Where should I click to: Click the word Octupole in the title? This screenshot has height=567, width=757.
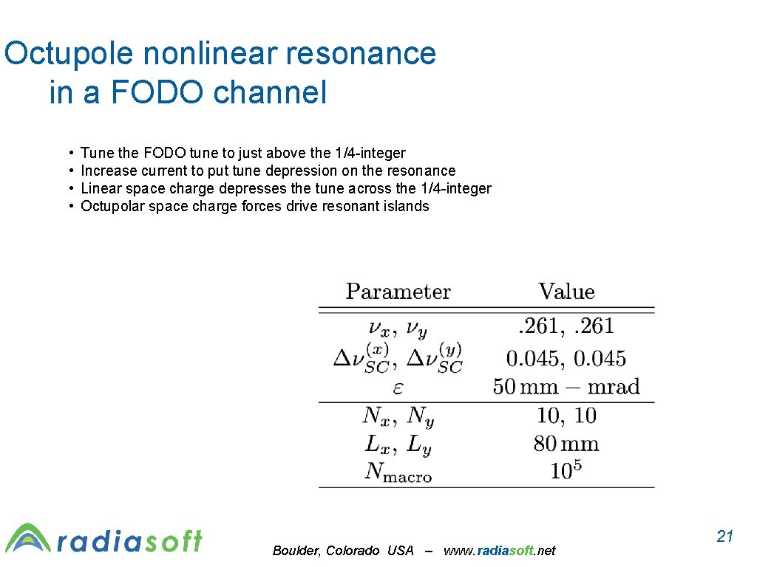click(x=67, y=55)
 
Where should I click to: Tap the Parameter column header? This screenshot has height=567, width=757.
click(x=398, y=292)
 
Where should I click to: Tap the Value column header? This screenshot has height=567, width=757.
click(x=566, y=292)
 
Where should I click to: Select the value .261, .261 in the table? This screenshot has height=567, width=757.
click(x=566, y=326)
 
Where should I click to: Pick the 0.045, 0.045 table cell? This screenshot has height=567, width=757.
click(x=566, y=359)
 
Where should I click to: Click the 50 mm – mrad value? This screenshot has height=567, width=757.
click(x=566, y=387)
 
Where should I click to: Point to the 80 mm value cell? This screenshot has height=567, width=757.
click(x=566, y=444)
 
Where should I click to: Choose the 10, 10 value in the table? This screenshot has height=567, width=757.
click(x=566, y=416)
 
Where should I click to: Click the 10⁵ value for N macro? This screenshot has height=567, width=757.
click(x=566, y=470)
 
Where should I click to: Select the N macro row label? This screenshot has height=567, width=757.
click(x=398, y=472)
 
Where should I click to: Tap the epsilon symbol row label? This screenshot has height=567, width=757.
click(x=398, y=388)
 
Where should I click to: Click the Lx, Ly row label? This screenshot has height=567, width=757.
click(x=398, y=444)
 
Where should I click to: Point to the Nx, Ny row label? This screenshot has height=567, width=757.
click(x=398, y=416)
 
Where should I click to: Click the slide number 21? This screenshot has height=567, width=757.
click(x=724, y=537)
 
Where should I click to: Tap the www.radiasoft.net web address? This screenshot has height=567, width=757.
click(x=499, y=551)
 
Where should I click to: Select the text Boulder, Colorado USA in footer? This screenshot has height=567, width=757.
click(x=343, y=551)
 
